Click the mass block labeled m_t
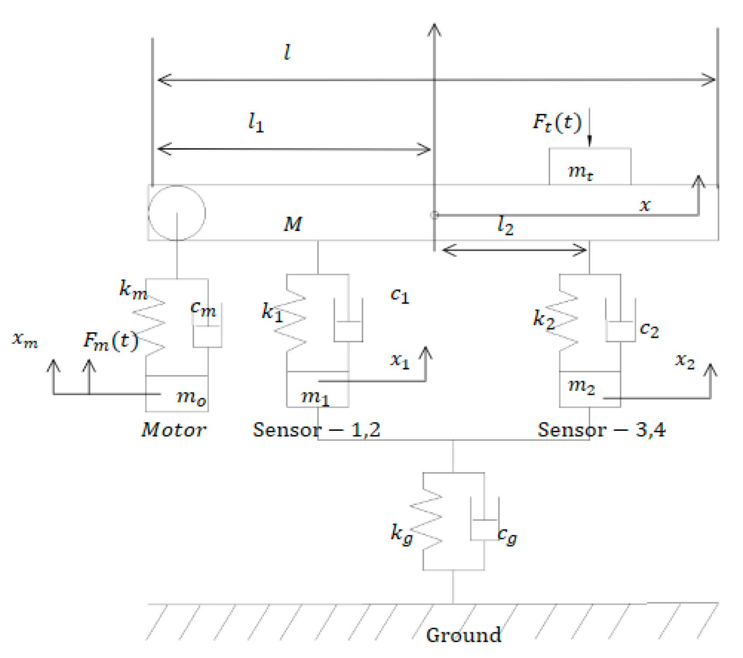click(x=590, y=167)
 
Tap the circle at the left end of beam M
click(x=177, y=213)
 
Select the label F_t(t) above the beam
click(x=557, y=123)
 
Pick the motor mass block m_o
click(x=177, y=394)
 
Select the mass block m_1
click(x=317, y=390)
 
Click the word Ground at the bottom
click(x=463, y=635)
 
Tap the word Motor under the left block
click(x=174, y=430)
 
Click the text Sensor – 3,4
click(x=601, y=430)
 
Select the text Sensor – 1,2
click(x=316, y=430)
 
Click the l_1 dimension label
click(x=256, y=123)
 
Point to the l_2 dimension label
click(x=505, y=225)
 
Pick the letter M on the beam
click(x=293, y=224)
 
